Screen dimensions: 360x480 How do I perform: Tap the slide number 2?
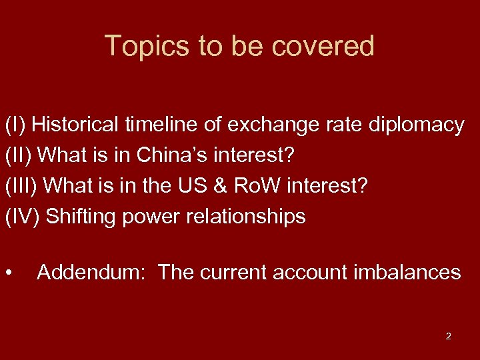tap(448, 336)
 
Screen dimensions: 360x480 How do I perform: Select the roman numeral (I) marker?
tap(15, 125)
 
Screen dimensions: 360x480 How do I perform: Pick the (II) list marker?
tap(19, 155)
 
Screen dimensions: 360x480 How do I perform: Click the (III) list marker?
tap(22, 186)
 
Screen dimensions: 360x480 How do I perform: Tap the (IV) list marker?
tap(23, 217)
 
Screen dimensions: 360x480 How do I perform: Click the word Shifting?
tap(81, 217)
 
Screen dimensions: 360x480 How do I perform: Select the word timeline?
tap(170, 125)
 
